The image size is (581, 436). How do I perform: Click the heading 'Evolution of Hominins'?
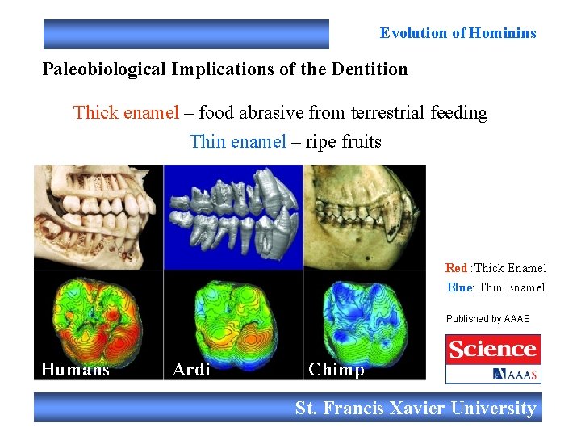pyautogui.click(x=458, y=33)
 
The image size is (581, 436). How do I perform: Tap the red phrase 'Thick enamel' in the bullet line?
pyautogui.click(x=126, y=112)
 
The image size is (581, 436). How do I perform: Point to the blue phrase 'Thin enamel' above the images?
pyautogui.click(x=237, y=142)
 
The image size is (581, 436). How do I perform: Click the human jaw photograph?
pyautogui.click(x=98, y=216)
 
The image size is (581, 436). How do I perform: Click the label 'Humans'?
pyautogui.click(x=75, y=370)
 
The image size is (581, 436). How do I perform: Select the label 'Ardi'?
pyautogui.click(x=191, y=370)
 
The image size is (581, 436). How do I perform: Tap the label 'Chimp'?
pyautogui.click(x=336, y=370)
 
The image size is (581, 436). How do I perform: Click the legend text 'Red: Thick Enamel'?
pyautogui.click(x=495, y=268)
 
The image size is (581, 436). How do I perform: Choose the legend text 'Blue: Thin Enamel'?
pyautogui.click(x=495, y=287)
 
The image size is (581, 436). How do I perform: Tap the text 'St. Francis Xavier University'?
pyautogui.click(x=416, y=409)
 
